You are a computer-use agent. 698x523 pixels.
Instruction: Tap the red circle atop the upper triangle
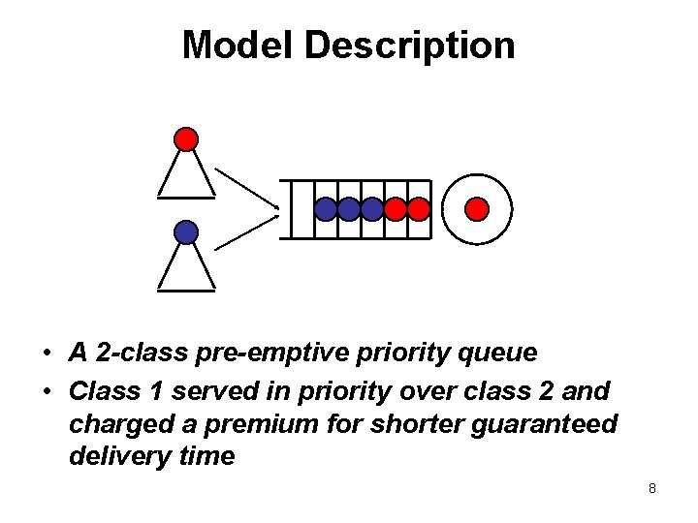tap(186, 138)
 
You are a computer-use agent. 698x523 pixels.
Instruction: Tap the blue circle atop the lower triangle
tap(186, 232)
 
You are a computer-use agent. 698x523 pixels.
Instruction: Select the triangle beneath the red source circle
tap(186, 174)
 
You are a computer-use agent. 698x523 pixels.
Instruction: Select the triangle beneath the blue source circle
tap(186, 267)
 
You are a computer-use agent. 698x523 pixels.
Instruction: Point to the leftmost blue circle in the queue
tap(326, 208)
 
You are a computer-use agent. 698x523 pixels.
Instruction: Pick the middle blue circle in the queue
tap(349, 208)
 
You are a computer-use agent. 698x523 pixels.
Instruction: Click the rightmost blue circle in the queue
tap(372, 208)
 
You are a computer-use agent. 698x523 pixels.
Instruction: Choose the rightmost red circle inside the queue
tap(418, 208)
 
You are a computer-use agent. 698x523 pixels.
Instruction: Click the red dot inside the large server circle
tap(476, 208)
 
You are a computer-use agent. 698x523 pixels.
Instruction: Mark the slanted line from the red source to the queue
tap(246, 188)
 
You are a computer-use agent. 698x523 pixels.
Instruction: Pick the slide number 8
tap(652, 488)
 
